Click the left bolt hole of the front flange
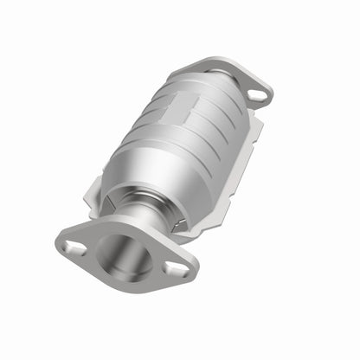(x=76, y=247)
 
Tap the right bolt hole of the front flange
(x=176, y=269)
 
